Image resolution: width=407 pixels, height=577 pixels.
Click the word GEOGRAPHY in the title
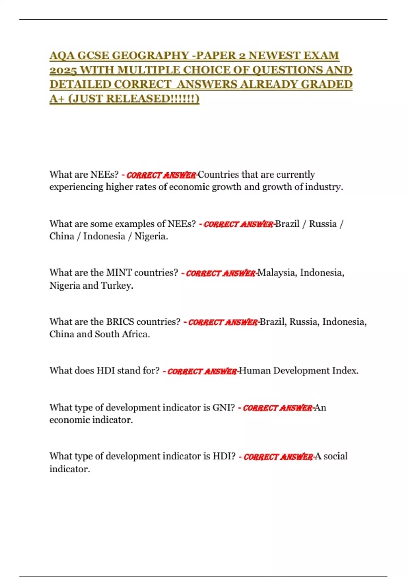[150, 55]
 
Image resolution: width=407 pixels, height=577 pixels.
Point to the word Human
[255, 371]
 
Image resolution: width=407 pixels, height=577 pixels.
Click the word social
[335, 456]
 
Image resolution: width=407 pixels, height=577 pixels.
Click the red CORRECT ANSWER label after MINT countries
[220, 273]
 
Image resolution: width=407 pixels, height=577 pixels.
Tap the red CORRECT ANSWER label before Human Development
[202, 371]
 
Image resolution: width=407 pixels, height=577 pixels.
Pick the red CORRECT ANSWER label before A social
[278, 457]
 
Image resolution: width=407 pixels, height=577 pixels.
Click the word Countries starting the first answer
[219, 174]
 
